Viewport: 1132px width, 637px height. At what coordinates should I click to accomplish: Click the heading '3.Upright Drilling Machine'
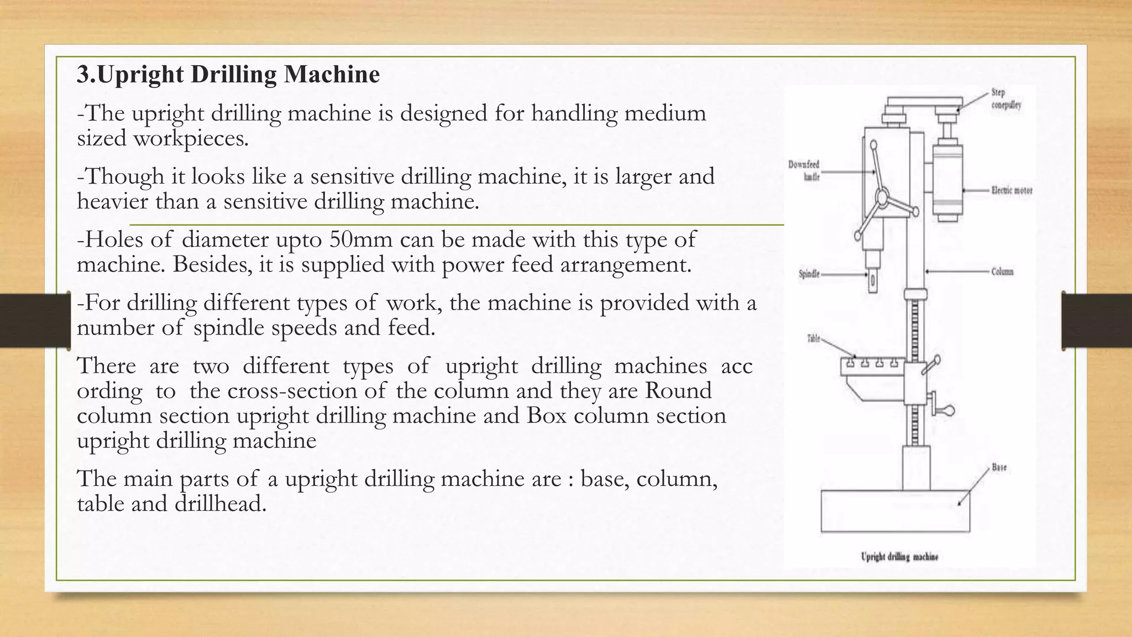pos(228,75)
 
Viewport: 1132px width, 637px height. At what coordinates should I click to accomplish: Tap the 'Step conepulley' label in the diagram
pos(1005,98)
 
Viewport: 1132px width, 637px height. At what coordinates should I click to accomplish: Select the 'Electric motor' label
pos(1011,190)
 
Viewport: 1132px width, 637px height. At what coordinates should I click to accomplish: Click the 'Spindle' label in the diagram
pos(809,274)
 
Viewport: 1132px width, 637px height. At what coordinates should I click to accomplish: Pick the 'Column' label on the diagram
pos(1002,271)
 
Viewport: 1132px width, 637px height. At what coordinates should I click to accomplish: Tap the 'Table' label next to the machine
pos(814,338)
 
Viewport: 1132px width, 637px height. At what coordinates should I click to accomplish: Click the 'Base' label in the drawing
pos(999,467)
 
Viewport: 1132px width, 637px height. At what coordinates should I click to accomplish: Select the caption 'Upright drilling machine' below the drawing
pos(899,556)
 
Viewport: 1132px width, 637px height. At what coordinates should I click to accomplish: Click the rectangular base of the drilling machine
pos(895,511)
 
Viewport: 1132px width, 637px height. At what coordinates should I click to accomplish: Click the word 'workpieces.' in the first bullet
pos(191,138)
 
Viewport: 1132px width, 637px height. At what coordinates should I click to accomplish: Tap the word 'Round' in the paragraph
pos(678,391)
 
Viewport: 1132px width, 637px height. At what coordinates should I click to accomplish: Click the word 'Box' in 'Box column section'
pos(547,416)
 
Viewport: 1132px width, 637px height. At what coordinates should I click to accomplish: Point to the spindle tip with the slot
pos(873,282)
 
